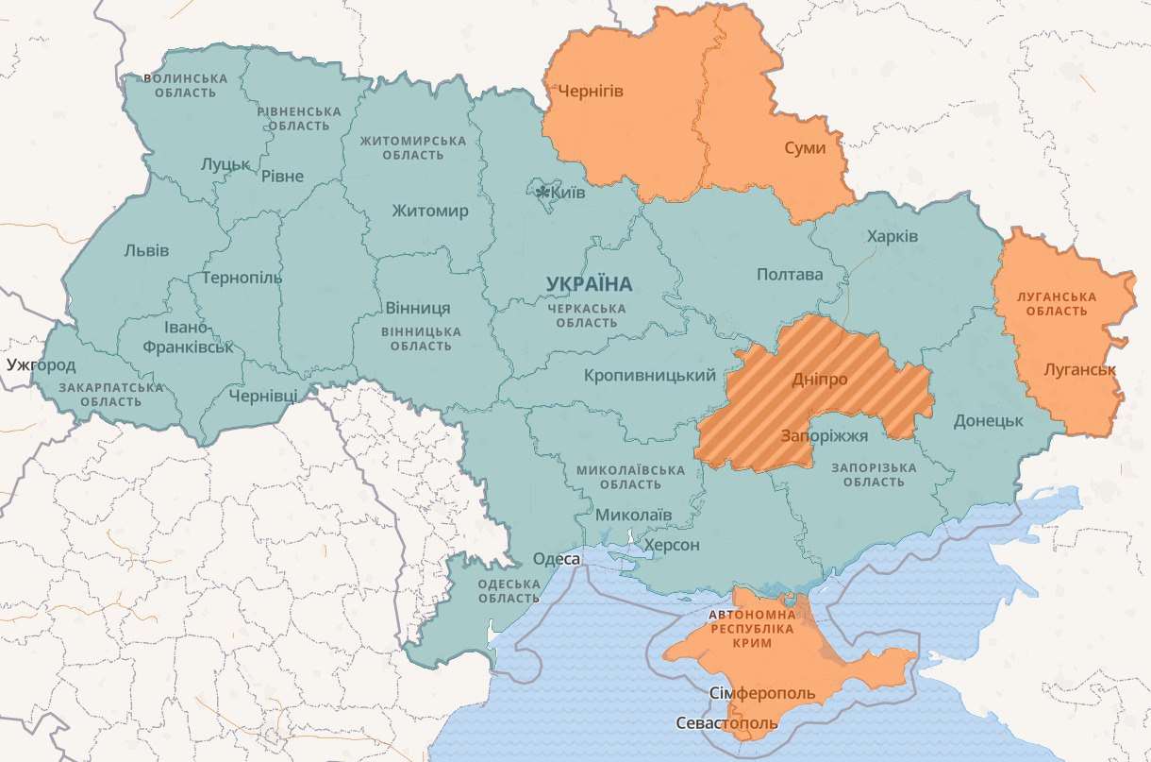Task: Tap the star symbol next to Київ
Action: click(542, 193)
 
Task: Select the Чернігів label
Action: click(591, 92)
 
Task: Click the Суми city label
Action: click(805, 148)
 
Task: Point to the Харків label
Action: click(892, 236)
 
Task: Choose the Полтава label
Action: click(789, 275)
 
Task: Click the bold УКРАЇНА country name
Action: click(590, 284)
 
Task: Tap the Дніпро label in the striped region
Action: click(819, 379)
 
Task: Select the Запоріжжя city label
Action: click(824, 435)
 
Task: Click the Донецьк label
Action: click(988, 420)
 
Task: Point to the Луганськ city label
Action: click(1080, 370)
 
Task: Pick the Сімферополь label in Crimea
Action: click(761, 694)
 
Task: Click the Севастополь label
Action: click(726, 723)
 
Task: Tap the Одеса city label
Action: click(556, 560)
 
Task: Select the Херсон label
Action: click(671, 546)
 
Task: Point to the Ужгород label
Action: click(40, 364)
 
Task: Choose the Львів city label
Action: click(146, 251)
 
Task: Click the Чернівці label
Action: click(263, 395)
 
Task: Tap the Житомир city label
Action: click(429, 211)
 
